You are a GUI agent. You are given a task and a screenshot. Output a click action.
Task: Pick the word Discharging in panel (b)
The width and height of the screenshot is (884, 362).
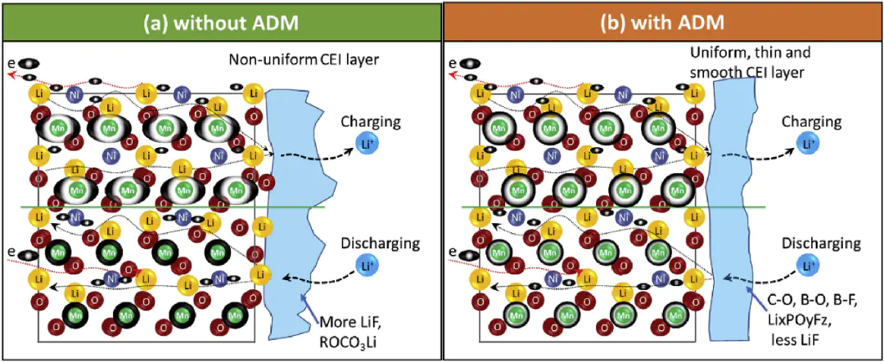[x=819, y=243]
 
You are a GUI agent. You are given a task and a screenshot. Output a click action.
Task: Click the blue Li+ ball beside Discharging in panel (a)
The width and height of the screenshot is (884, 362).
[x=367, y=265]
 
